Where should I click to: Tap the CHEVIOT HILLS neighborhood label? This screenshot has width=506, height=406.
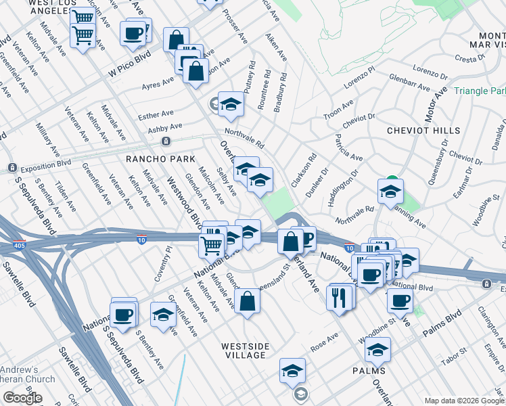click(x=423, y=130)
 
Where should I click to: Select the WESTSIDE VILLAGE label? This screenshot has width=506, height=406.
click(x=246, y=351)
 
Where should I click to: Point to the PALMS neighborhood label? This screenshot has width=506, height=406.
click(x=369, y=371)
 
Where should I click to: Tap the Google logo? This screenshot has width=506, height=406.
click(x=22, y=398)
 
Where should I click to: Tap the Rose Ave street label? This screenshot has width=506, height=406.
click(x=323, y=342)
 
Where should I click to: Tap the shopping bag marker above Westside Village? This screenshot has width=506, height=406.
click(x=248, y=301)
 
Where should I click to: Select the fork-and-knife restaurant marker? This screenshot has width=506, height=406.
click(x=338, y=297)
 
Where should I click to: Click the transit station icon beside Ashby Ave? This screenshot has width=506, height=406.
click(x=165, y=141)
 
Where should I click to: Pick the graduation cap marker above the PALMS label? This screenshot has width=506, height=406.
click(x=377, y=350)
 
